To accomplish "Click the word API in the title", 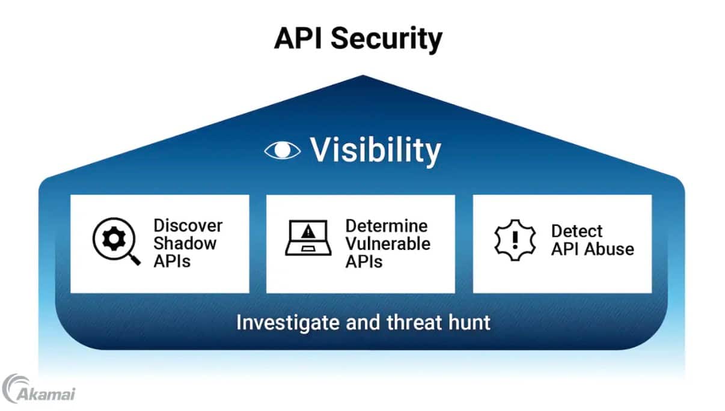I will coord(298,38).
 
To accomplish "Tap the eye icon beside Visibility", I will coord(282,150).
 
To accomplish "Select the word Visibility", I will coord(375,150).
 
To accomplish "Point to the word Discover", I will coord(188,226).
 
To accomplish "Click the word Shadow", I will coord(185,243).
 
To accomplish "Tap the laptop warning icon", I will coord(308,237).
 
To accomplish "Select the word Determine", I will coord(387,226).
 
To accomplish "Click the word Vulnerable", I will coord(388,243).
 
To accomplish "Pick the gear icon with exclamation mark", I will coord(515,239).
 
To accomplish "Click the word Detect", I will coord(577,231).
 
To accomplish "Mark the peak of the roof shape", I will coord(362,76).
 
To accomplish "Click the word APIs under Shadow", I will coord(172,261).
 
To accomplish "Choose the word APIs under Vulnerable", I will coord(364,261).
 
